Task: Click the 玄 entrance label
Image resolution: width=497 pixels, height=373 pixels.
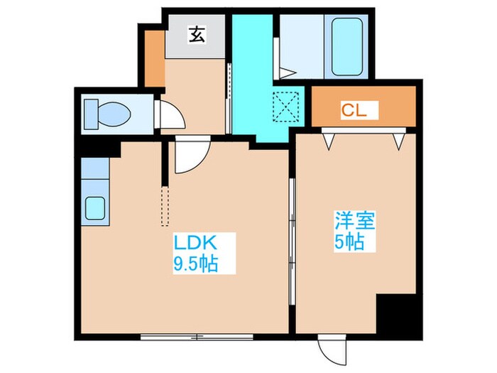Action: [197, 33]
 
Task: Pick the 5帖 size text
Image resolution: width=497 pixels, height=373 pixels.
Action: [349, 242]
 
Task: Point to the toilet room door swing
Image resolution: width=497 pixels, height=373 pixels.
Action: [168, 114]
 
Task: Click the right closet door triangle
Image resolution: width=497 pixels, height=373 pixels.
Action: [400, 141]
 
